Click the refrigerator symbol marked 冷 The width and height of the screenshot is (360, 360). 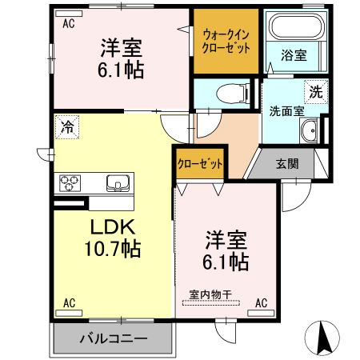coord(67,126)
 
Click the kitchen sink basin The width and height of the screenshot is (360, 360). coord(118,183)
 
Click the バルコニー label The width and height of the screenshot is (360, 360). coord(113,338)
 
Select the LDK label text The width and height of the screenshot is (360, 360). coord(111,226)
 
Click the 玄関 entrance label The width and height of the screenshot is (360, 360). coord(288,164)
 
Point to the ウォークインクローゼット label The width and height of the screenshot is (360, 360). coord(226,41)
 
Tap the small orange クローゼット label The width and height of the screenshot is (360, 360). coord(200,164)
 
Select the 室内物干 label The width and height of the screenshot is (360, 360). coord(210,294)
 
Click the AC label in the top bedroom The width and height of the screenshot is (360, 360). coord(69,23)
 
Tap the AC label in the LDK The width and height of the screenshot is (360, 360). coord(69,302)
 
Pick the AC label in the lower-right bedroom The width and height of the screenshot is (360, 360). coord(261,302)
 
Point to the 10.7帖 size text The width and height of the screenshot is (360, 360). coord(112,249)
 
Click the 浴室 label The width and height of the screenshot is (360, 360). coord(294,56)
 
